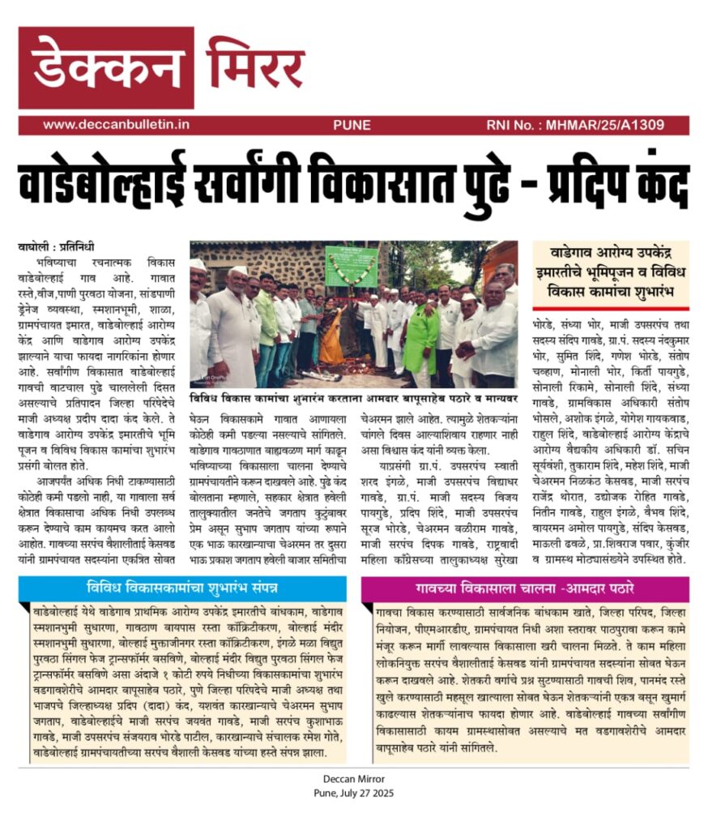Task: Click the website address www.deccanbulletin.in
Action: (x=116, y=125)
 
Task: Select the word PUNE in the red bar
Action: (x=352, y=125)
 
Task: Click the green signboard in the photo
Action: (x=351, y=265)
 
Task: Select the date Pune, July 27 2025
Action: (x=353, y=794)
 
